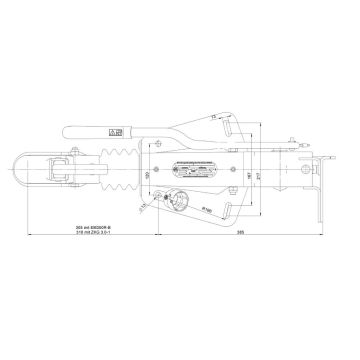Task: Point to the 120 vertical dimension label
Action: [146, 177]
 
